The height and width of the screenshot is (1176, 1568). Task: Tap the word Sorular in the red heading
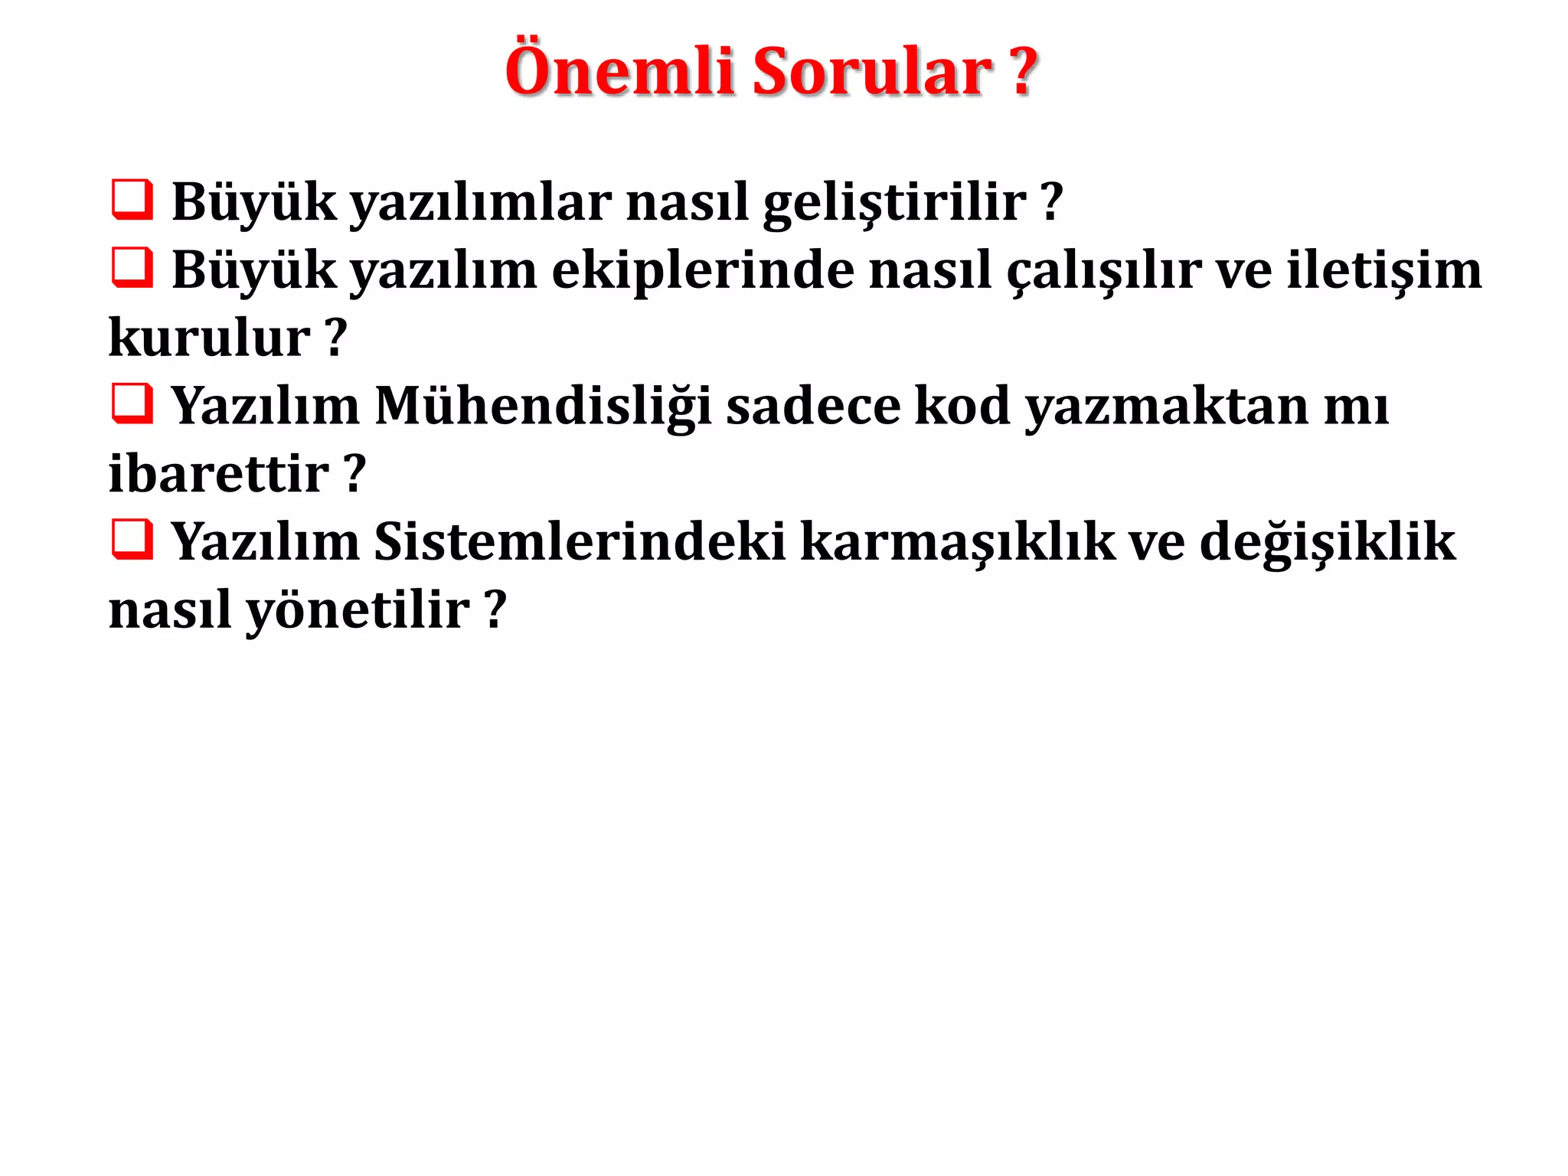pyautogui.click(x=872, y=71)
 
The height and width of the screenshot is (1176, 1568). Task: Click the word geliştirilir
pyautogui.click(x=894, y=203)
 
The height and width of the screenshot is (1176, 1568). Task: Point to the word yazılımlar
pyautogui.click(x=481, y=203)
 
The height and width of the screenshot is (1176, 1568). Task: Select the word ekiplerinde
pyautogui.click(x=703, y=271)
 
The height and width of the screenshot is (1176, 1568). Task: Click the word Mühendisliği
pyautogui.click(x=544, y=407)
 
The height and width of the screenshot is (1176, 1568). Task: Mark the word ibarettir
pyautogui.click(x=219, y=473)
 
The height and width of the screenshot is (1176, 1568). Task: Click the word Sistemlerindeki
pyautogui.click(x=580, y=542)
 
